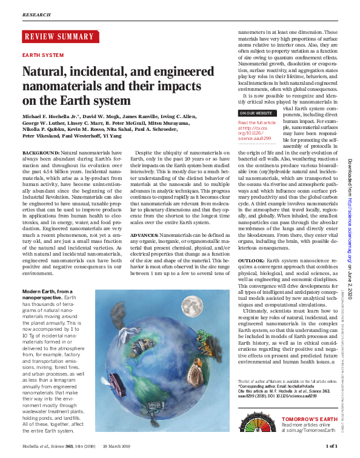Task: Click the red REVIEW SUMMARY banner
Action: [59, 37]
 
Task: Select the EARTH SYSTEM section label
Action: [42, 55]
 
